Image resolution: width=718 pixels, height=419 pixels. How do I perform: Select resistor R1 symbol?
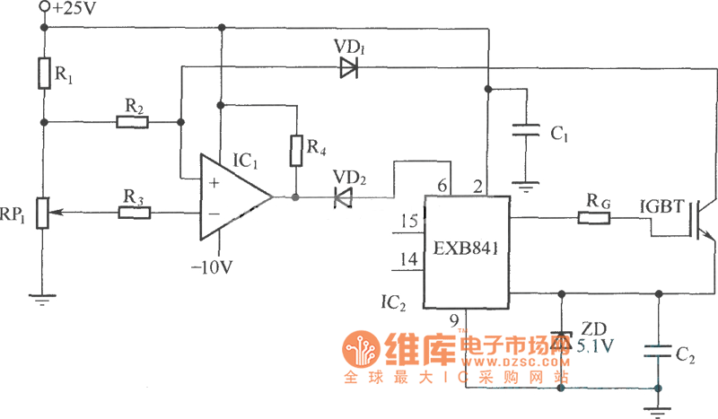(43, 74)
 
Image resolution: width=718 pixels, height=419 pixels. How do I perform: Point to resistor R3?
(135, 213)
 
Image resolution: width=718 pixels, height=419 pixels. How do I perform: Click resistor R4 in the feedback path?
(295, 150)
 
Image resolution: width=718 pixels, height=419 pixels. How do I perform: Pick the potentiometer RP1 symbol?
(42, 214)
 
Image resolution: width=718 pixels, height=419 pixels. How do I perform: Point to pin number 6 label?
(442, 186)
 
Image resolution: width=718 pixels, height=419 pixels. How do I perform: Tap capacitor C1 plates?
(526, 133)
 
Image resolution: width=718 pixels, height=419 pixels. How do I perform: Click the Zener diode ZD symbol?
(562, 340)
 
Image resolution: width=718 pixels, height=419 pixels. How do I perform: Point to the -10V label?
(215, 266)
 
